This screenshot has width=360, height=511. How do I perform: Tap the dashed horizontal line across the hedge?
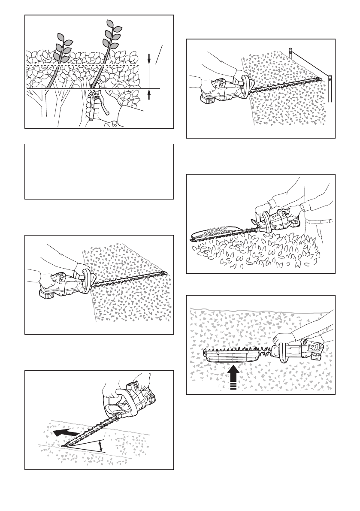click(82, 65)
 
